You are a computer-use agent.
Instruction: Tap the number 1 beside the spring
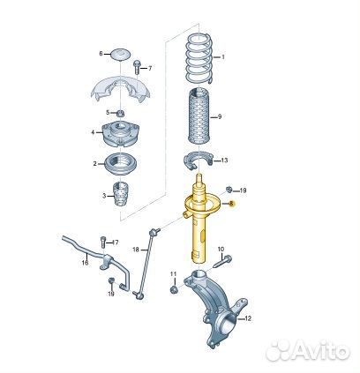coord(223,57)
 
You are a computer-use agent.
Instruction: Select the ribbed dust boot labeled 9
coord(199,116)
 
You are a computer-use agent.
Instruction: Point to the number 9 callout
coord(220,117)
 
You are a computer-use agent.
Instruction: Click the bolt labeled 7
coord(138,67)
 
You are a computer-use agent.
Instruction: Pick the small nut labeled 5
coord(120,113)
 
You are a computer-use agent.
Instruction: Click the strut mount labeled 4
coord(120,134)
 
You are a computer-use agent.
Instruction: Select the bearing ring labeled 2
coord(120,164)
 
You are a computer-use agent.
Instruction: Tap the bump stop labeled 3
coord(122,195)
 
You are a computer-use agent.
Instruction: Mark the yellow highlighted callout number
coord(231,203)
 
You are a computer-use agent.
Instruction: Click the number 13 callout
coord(224,160)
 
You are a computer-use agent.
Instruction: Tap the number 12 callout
coord(248,318)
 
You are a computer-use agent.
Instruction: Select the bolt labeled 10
coord(222,262)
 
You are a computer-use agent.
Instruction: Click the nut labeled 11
coord(174,290)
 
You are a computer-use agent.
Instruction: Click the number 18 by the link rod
coord(136,250)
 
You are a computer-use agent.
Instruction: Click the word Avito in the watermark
coord(320,350)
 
